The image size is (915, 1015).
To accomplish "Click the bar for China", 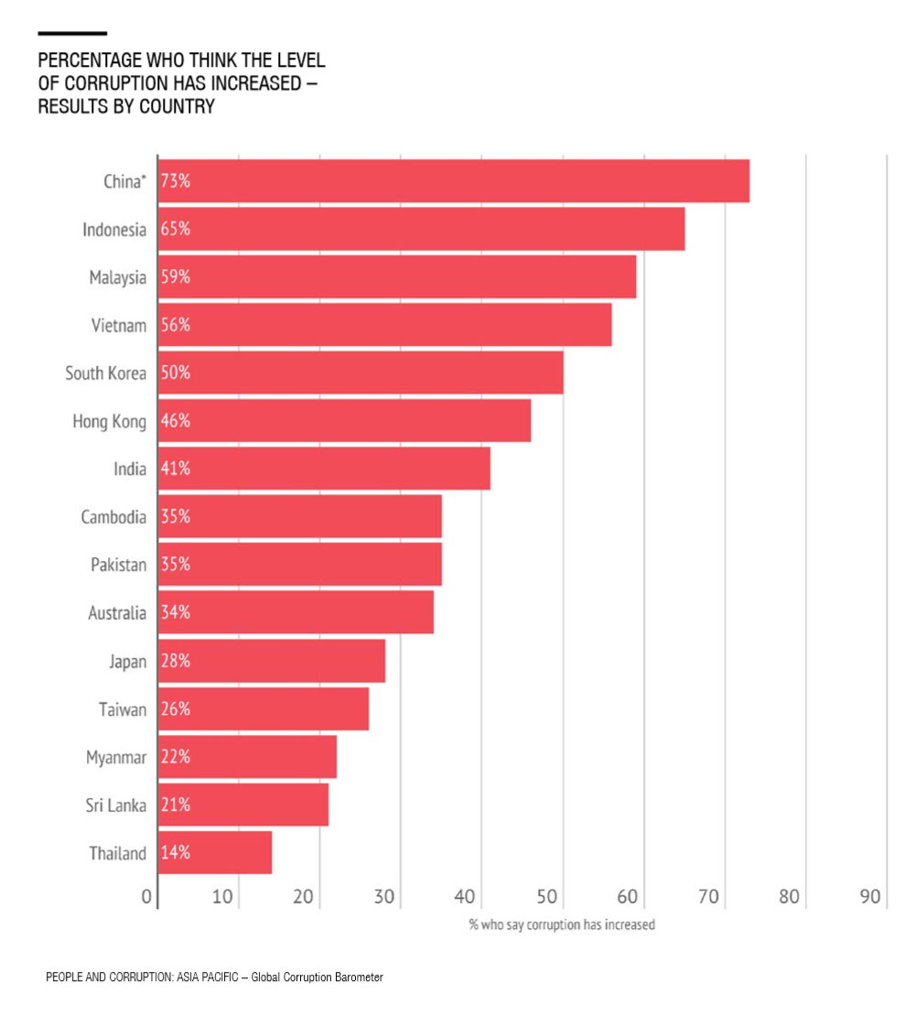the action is coord(454,181).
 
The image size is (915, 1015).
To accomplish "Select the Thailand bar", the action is coord(215,852).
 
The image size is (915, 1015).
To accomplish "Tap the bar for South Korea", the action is coord(361,373).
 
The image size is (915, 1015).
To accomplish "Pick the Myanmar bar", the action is coord(247,757).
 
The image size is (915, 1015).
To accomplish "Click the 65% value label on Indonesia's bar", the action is coord(176,229).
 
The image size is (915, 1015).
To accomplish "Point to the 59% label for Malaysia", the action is coord(176,277).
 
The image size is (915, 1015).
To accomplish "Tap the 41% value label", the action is coord(176,469).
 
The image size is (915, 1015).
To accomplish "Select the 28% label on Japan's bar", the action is coord(176,661).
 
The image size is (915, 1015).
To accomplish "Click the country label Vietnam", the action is coord(118,325).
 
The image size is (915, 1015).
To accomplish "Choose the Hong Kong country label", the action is coord(110,421).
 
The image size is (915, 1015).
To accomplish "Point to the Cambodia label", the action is coord(113,516).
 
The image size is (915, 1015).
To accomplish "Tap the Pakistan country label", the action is coord(118,565).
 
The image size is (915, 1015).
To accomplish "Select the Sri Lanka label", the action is coord(116,804).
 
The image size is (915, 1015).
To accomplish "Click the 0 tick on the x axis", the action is coord(146,897).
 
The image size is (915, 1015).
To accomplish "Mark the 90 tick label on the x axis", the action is coord(869,897).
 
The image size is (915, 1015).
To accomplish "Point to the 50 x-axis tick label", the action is coord(546,897).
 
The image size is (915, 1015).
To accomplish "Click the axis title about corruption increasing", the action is coord(562,924).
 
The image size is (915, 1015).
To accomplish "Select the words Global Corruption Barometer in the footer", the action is coord(318,977).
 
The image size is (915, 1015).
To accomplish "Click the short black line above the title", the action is coord(72,33).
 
